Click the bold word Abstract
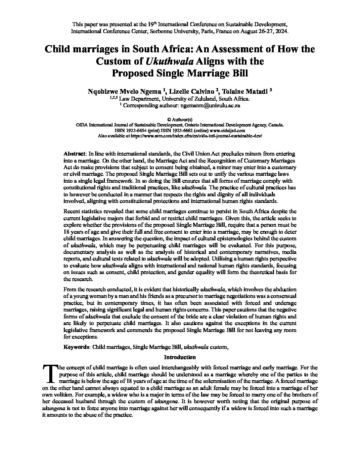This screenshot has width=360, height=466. [x=74, y=154]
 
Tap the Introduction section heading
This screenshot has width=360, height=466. [x=180, y=357]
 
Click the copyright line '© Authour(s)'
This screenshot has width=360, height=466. [x=180, y=120]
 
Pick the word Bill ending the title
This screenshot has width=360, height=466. [x=239, y=73]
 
